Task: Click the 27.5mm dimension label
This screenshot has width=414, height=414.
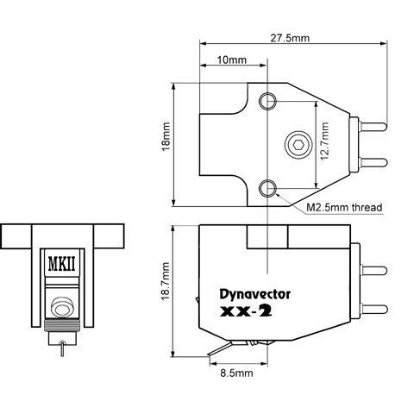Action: [x=290, y=38]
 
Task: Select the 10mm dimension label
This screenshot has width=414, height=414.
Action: [x=232, y=60]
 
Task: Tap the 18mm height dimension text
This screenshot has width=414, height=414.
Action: [x=166, y=137]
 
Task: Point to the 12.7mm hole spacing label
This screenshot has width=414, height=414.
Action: [x=324, y=141]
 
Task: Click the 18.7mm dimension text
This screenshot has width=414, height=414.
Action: [x=166, y=281]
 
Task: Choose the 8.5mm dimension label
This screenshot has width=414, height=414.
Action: [x=236, y=373]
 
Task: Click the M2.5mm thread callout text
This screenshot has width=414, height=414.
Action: [x=344, y=207]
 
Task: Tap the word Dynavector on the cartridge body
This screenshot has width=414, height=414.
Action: [x=255, y=294]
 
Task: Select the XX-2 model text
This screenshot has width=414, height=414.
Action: [x=246, y=311]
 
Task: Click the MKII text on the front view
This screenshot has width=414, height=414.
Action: [x=61, y=264]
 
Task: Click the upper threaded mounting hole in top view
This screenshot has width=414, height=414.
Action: [x=267, y=101]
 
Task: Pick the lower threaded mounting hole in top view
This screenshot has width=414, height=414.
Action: [x=267, y=188]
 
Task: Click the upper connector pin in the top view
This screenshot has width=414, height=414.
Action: [x=373, y=127]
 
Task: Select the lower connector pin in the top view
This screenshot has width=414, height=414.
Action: [x=373, y=163]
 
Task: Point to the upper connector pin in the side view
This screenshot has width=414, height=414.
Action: [x=373, y=271]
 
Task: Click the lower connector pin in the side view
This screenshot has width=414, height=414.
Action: [x=373, y=309]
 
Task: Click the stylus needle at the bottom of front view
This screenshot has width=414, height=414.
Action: [x=62, y=348]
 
